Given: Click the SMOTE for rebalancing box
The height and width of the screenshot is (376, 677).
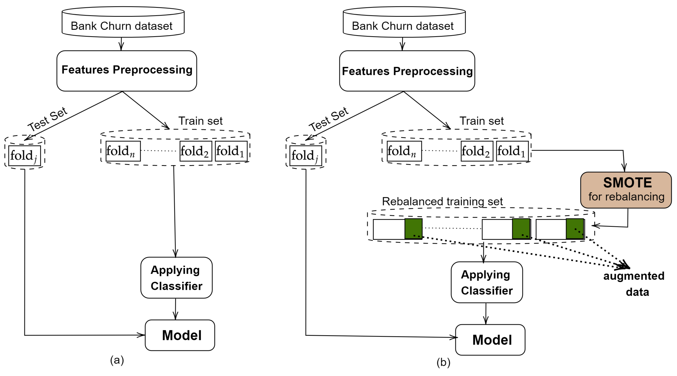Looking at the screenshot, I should pyautogui.click(x=626, y=190).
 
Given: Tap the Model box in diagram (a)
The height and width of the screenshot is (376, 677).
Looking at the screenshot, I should pyautogui.click(x=180, y=335).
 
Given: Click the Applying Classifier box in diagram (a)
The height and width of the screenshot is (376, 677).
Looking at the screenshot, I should pyautogui.click(x=176, y=277).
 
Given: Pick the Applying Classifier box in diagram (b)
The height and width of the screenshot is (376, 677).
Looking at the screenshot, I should pyautogui.click(x=487, y=282).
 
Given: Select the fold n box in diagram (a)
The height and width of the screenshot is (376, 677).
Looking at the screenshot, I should pyautogui.click(x=123, y=151).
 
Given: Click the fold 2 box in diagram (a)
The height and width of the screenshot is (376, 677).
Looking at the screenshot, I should pyautogui.click(x=196, y=151).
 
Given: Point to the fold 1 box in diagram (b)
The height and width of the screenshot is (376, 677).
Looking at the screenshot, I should pyautogui.click(x=512, y=151).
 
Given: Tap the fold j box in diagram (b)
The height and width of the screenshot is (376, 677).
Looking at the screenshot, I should pyautogui.click(x=306, y=155).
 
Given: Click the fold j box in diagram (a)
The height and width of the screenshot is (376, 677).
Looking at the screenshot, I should pyautogui.click(x=24, y=155).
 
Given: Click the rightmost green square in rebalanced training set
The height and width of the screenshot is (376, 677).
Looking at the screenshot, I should pyautogui.click(x=575, y=228).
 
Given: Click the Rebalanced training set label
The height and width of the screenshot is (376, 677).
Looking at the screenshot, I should pyautogui.click(x=442, y=201).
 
